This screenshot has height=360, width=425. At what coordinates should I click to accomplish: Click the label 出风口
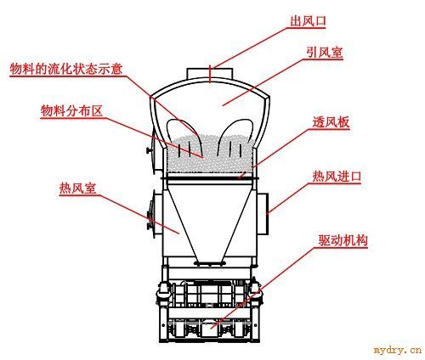tap(308, 21)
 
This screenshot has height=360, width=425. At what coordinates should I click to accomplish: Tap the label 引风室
tap(325, 53)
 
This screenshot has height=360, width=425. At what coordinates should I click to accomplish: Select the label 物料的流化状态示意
tap(66, 69)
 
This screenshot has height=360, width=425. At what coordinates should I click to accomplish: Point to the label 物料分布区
tap(71, 110)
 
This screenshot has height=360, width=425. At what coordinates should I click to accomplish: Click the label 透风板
tap(331, 122)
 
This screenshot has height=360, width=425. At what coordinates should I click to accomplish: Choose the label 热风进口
tap(337, 176)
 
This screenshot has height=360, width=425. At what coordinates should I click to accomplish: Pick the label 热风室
tap(78, 188)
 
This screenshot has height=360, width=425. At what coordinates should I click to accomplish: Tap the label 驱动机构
tap(343, 240)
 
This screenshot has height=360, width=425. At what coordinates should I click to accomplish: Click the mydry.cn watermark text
tap(398, 350)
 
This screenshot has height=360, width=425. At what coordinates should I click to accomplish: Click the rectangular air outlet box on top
tap(210, 73)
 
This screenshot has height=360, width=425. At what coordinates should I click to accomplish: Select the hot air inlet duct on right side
tap(263, 214)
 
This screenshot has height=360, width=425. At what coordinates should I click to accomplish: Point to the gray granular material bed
tap(210, 155)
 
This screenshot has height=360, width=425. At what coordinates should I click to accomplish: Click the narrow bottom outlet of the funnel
tap(210, 263)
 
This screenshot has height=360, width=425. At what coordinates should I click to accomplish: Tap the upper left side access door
tap(153, 150)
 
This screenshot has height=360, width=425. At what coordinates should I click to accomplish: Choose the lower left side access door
tap(153, 214)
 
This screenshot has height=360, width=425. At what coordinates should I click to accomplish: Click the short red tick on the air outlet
tap(210, 74)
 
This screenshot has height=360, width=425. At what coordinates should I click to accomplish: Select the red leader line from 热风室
tap(139, 215)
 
